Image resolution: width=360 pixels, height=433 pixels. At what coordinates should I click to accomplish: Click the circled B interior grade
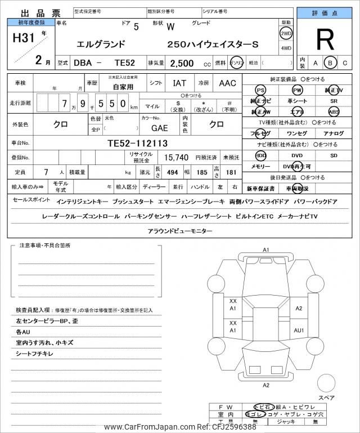330,63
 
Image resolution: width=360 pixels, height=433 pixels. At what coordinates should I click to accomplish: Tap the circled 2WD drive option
286,33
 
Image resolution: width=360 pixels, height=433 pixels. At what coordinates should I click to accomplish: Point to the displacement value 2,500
177,63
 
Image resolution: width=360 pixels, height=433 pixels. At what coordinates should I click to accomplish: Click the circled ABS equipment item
334,111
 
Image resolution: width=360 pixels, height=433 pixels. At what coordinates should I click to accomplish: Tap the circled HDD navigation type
261,155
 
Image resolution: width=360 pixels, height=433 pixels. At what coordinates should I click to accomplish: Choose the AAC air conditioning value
227,83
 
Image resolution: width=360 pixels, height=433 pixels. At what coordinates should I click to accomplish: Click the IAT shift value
179,83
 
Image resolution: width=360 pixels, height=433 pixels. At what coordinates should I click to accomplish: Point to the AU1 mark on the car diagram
299,330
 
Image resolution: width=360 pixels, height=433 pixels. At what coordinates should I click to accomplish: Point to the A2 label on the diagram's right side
299,308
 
